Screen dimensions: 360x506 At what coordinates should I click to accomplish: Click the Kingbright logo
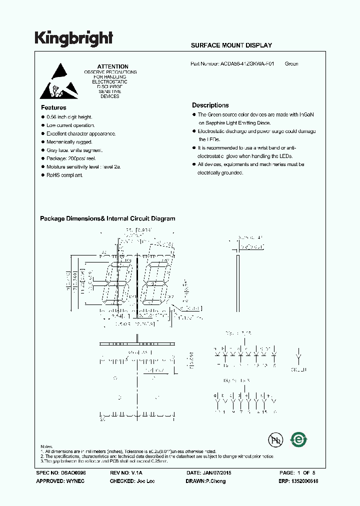(73, 38)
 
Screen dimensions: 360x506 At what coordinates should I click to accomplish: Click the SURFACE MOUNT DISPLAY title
(231, 45)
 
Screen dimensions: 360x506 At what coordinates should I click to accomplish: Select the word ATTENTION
(112, 66)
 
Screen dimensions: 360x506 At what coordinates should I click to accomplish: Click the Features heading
(53, 107)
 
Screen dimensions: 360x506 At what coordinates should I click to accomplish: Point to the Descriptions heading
(210, 105)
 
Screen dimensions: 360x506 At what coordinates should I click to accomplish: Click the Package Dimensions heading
(107, 218)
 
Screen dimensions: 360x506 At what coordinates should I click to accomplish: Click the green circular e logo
(299, 439)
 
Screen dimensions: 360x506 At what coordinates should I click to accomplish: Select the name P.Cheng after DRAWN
(215, 481)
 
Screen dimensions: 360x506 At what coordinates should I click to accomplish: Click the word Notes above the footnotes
(46, 446)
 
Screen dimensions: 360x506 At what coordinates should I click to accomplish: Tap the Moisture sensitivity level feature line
(83, 167)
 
